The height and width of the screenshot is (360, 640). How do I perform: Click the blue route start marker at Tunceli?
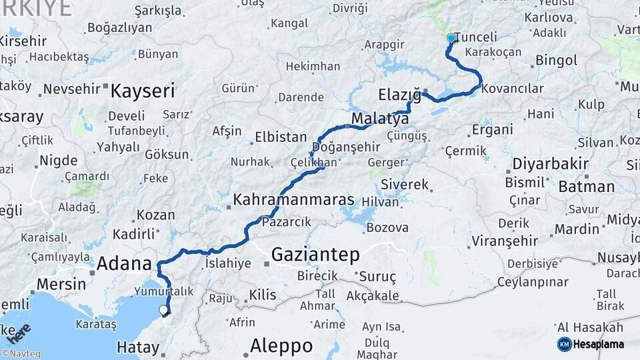tap(451, 38)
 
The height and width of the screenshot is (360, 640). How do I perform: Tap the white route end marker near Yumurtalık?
tap(163, 309)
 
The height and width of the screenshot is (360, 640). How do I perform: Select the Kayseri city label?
tap(142, 91)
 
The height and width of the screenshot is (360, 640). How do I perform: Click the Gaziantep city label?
tap(315, 254)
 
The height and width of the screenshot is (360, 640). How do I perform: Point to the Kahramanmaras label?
tap(293, 200)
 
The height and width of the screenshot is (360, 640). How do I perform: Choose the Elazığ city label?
tap(399, 95)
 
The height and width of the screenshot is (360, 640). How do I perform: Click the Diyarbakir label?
tap(550, 164)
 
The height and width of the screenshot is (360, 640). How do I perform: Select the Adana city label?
tap(125, 263)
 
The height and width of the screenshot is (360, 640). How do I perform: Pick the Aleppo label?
tap(281, 346)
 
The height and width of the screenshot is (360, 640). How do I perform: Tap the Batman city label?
tap(587, 187)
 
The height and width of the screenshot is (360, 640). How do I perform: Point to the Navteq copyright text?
tap(20, 354)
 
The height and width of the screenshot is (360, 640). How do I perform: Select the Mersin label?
tap(61, 283)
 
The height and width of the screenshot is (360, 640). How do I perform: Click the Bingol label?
tap(556, 61)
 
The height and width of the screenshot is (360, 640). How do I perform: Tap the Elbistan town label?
tap(281, 138)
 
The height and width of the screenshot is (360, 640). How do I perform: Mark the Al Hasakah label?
tap(590, 327)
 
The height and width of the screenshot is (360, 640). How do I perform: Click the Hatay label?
tap(138, 347)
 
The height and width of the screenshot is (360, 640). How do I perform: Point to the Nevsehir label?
tap(71, 89)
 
